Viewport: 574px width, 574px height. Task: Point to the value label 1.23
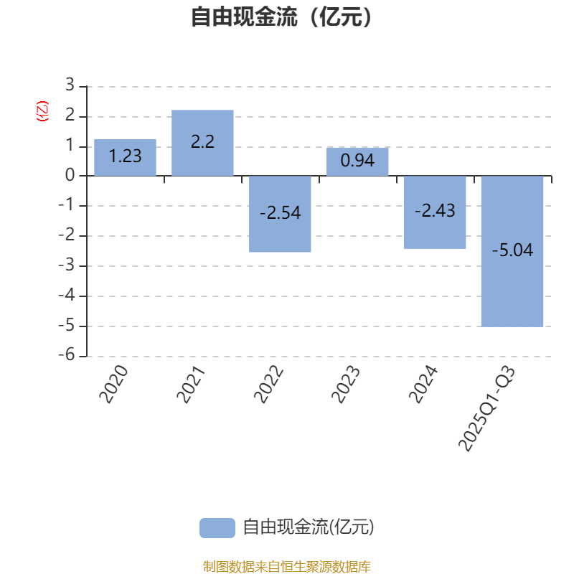click(125, 156)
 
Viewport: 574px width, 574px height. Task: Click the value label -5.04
click(512, 250)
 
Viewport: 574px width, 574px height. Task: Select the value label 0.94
click(357, 161)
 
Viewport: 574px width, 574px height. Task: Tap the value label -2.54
click(280, 213)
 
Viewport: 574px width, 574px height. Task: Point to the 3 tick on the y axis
click(70, 85)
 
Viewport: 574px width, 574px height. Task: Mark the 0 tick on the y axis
click(70, 176)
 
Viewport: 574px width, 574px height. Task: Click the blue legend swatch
click(217, 527)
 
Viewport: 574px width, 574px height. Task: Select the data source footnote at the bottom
click(286, 567)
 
